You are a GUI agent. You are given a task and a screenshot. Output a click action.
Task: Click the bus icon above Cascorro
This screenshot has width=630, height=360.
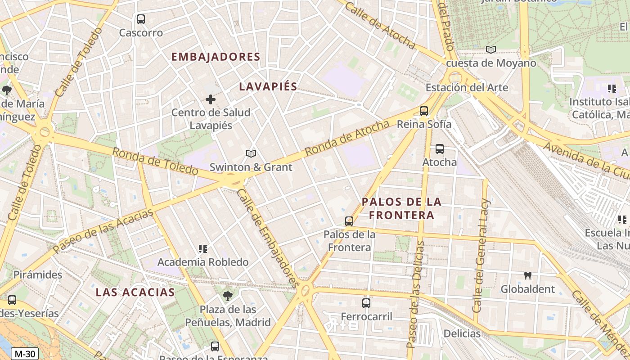click(x=141, y=19)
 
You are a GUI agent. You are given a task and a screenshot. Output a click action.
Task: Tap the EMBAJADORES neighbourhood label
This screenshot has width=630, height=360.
click(x=216, y=57)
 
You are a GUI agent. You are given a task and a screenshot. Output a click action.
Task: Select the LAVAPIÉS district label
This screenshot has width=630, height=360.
click(x=268, y=86)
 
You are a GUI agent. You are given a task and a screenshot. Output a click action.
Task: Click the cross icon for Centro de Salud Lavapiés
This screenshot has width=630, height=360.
click(x=210, y=99)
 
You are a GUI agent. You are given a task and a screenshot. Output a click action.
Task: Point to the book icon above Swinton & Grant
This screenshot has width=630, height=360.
click(x=251, y=154)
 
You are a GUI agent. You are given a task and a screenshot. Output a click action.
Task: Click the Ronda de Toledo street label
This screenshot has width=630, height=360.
click(x=155, y=162)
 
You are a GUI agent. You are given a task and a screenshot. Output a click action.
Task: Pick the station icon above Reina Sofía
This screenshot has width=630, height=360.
click(x=423, y=111)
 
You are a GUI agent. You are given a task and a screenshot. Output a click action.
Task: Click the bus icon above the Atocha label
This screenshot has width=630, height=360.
click(x=440, y=148)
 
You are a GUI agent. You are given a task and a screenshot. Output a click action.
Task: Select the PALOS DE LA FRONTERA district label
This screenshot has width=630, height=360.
click(x=402, y=208)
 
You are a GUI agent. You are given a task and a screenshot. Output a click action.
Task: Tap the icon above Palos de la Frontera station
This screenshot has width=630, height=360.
click(x=349, y=221)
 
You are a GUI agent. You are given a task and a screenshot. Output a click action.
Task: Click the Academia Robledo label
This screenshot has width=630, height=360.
click(x=203, y=262)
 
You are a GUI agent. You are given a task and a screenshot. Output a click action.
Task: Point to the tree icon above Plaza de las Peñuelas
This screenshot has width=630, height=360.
click(x=228, y=296)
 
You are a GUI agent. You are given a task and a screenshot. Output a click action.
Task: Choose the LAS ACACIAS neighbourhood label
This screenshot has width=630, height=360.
click(x=135, y=292)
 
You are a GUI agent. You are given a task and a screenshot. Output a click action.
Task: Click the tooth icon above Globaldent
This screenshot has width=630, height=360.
click(x=528, y=275)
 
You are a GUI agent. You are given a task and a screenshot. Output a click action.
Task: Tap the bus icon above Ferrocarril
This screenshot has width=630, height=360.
click(x=366, y=303)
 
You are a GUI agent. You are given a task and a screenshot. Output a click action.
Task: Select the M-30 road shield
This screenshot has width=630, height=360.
click(x=24, y=354)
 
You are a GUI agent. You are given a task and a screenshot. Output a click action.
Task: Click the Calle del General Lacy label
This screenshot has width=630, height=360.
click(x=481, y=256)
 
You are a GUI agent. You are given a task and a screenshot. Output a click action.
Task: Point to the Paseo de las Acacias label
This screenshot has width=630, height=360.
click(x=103, y=230)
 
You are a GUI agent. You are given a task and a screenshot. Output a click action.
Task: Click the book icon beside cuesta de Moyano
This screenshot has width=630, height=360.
click(x=491, y=49)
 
